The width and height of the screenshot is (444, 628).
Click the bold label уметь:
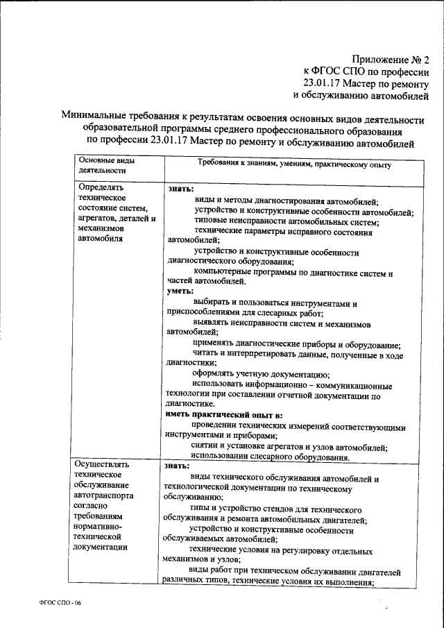coord(180,291)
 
